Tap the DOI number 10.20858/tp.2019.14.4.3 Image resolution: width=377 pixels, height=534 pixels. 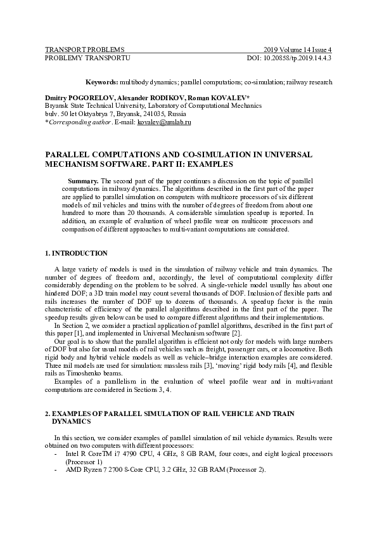pos(297,58)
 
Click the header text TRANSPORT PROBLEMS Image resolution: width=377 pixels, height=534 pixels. pos(84,49)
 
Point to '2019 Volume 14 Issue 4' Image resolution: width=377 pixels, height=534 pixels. pos(298,49)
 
